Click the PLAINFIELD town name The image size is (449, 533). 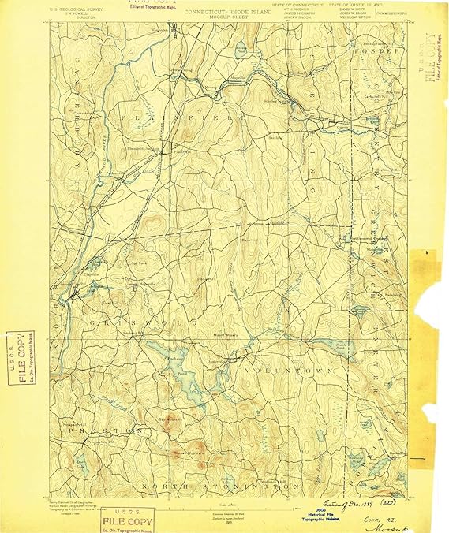[x=193, y=116]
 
